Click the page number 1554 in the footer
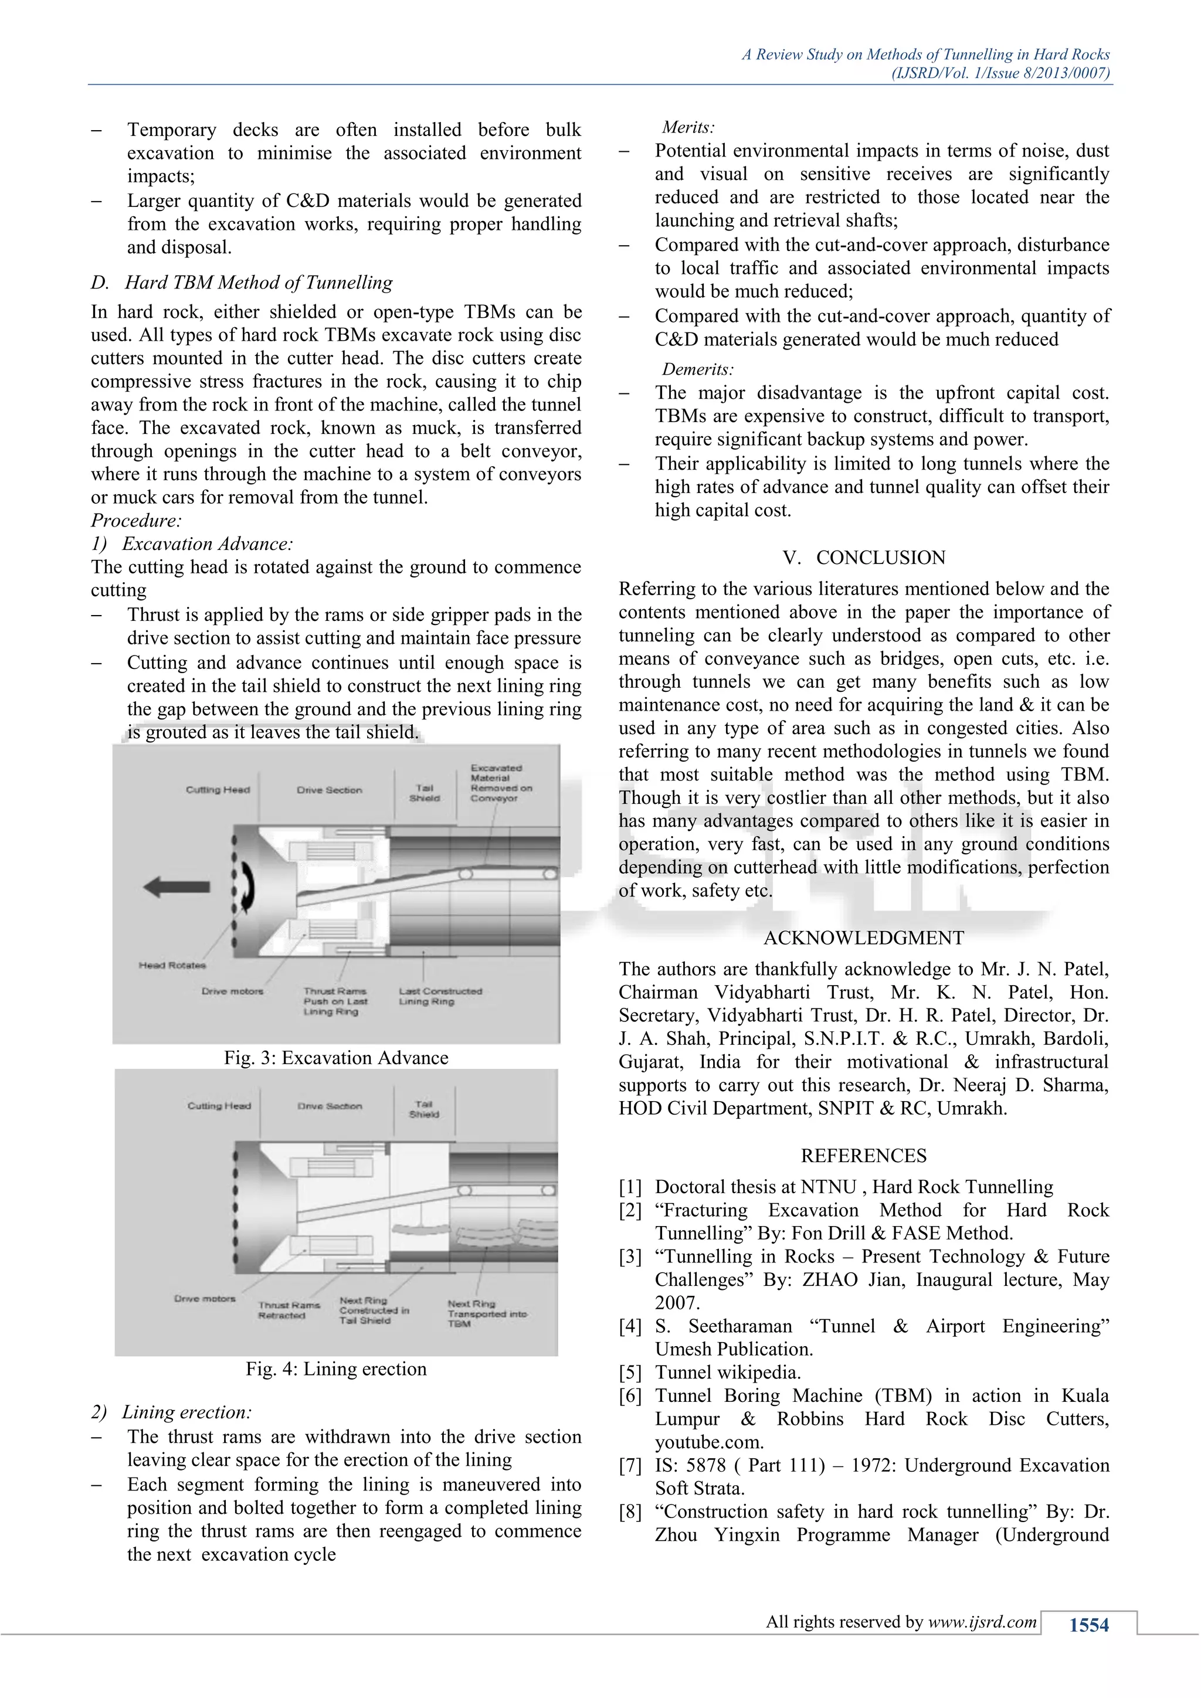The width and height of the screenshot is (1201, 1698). point(1088,1625)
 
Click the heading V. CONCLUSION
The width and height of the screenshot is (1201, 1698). point(864,558)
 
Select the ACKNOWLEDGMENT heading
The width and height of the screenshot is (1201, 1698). point(864,938)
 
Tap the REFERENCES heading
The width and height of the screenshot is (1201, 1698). point(864,1155)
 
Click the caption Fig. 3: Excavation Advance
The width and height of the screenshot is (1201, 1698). point(336,1058)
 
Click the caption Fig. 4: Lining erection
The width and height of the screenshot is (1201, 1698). point(336,1369)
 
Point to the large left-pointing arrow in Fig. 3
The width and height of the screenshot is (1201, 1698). point(176,887)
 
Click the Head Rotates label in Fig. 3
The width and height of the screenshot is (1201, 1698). point(172,965)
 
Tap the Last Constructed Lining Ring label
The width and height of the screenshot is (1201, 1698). point(439,996)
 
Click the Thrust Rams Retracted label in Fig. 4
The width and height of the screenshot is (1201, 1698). point(289,1310)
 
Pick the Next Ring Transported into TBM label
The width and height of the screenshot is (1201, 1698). point(486,1313)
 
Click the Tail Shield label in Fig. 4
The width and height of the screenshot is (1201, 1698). point(424,1109)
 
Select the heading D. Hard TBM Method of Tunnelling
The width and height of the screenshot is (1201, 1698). point(242,283)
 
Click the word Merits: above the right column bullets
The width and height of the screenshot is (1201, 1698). point(688,127)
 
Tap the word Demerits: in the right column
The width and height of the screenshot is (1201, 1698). point(697,369)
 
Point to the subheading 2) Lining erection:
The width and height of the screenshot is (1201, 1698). point(172,1412)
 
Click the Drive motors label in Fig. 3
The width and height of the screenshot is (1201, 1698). point(232,991)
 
